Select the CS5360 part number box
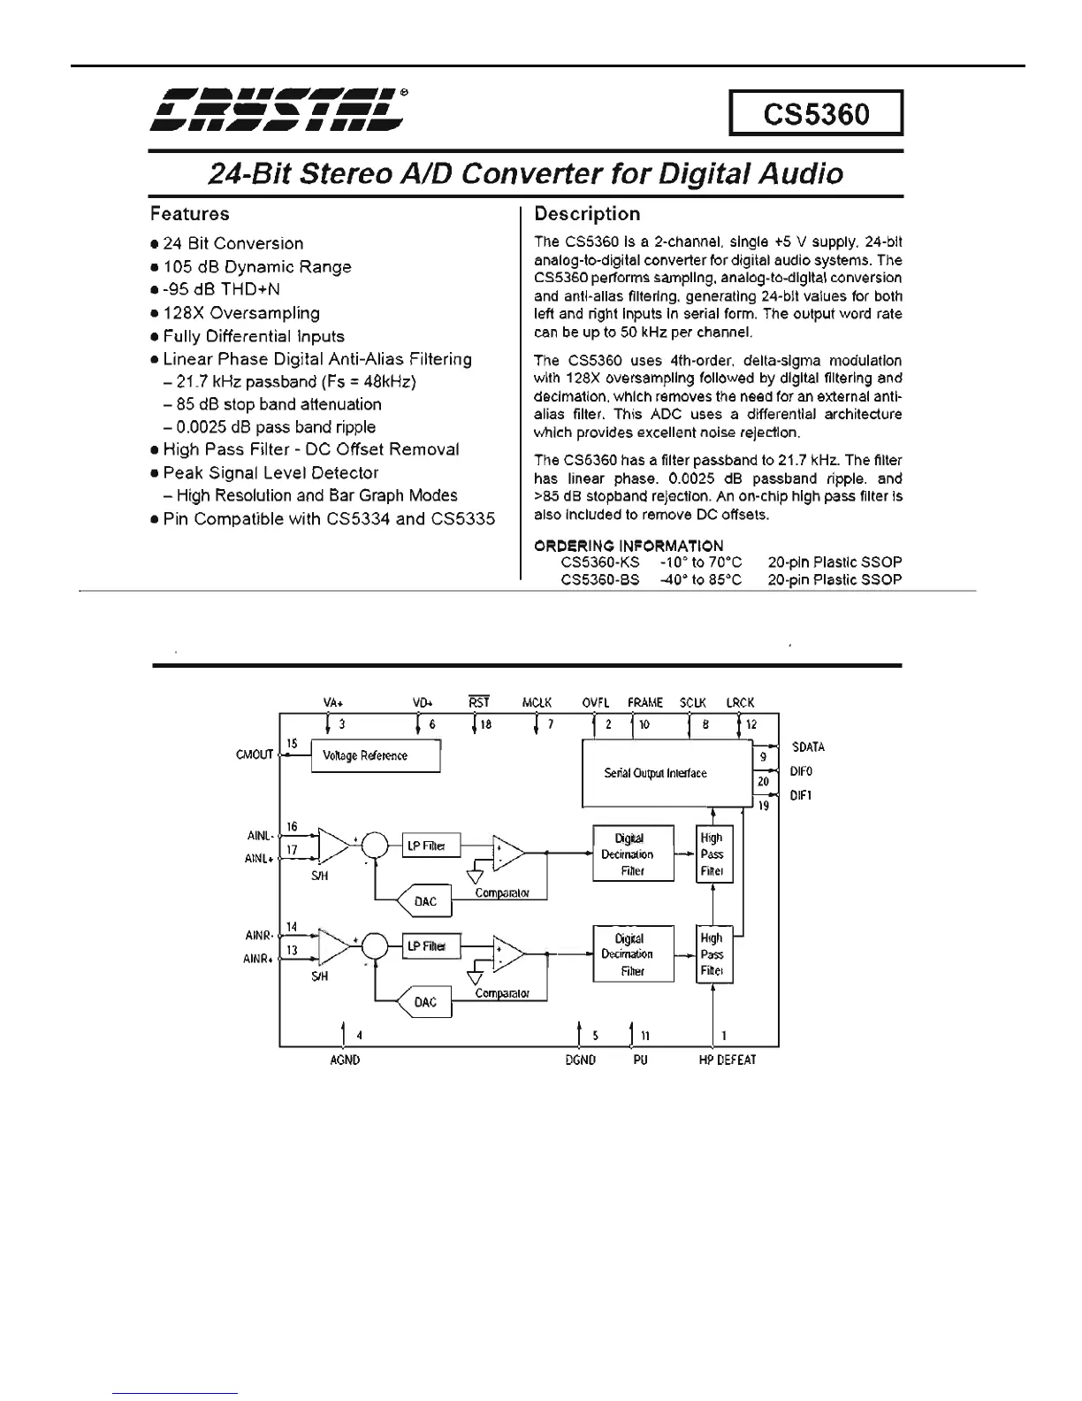(x=815, y=113)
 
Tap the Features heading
(x=189, y=214)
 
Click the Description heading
(x=587, y=214)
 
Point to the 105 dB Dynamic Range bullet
(x=256, y=267)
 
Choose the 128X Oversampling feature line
(x=240, y=313)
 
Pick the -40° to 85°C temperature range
(x=701, y=580)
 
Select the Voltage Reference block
(x=376, y=756)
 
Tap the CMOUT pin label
(x=255, y=755)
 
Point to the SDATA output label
(x=808, y=747)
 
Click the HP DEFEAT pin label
(x=727, y=1060)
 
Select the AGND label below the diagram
(x=344, y=1060)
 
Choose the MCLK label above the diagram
(x=537, y=703)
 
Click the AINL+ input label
(x=257, y=858)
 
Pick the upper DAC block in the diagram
(x=426, y=901)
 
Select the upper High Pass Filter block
(x=712, y=854)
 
